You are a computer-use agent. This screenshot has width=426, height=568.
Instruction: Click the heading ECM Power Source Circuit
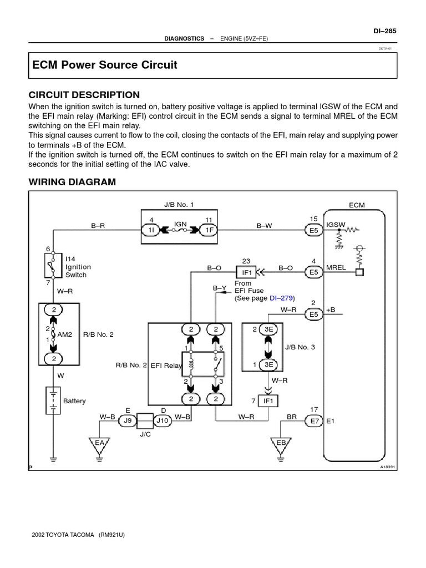[105, 65]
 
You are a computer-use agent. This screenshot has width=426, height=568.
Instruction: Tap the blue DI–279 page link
[280, 298]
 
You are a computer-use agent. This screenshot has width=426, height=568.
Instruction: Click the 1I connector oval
[151, 230]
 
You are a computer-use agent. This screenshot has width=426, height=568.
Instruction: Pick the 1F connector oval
[209, 230]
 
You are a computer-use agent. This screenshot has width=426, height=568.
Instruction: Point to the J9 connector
[127, 421]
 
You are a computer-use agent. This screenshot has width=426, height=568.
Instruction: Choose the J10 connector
[162, 421]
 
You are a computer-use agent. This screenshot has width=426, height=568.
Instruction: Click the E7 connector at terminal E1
[315, 421]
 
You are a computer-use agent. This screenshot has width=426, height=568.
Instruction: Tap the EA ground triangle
[100, 443]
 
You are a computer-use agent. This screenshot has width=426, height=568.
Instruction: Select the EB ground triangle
[281, 443]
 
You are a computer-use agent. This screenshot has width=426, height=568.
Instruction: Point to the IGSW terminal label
[336, 225]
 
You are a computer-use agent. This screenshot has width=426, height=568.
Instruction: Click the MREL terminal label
[336, 267]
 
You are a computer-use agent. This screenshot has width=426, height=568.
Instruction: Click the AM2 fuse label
[65, 335]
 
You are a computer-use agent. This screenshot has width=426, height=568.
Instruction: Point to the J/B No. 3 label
[300, 347]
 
